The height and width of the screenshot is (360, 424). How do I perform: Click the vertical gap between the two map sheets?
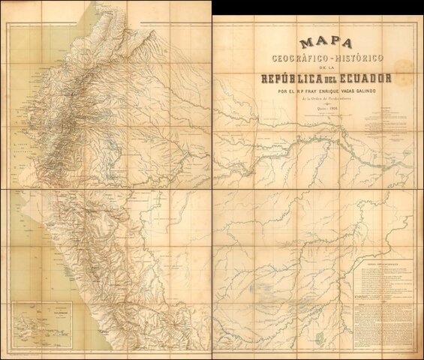[211, 180]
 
